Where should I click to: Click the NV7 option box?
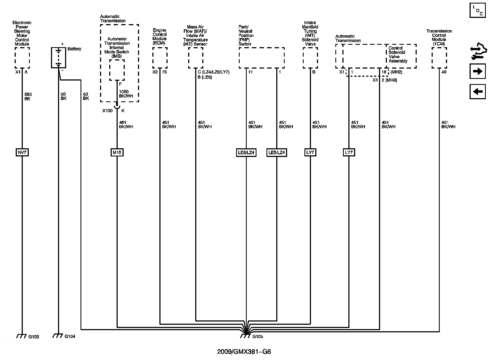(22, 153)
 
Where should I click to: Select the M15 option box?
(117, 153)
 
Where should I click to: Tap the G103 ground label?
(34, 337)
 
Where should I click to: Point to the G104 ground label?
(70, 337)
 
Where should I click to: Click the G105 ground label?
(258, 337)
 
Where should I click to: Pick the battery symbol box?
(59, 57)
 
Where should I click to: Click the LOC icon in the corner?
(477, 10)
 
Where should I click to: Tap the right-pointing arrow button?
(477, 71)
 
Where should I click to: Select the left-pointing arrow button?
(477, 92)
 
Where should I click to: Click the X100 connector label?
(107, 111)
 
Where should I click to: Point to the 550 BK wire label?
(28, 97)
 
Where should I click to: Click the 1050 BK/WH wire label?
(126, 94)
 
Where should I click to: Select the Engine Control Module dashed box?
(160, 58)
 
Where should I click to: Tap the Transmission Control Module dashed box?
(439, 58)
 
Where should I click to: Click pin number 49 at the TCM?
(444, 72)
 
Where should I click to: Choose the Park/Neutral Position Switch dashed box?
(262, 58)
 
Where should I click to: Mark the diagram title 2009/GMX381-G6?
(244, 352)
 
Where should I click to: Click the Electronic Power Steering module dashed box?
(22, 58)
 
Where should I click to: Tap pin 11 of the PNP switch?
(250, 72)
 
